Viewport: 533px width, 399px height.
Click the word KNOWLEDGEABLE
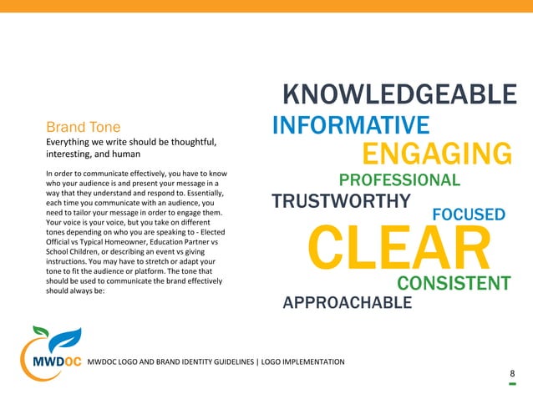(399, 94)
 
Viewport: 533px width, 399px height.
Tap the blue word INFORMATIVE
(351, 126)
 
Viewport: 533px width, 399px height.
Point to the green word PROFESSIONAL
(399, 180)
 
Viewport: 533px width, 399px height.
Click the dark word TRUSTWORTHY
(341, 202)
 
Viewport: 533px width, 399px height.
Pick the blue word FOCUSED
(468, 215)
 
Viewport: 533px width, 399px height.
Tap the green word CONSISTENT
(453, 284)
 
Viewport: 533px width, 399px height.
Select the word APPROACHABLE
(348, 302)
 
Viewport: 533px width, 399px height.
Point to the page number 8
(512, 374)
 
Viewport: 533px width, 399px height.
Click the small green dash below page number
(512, 385)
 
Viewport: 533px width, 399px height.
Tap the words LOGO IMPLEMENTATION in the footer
(302, 361)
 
